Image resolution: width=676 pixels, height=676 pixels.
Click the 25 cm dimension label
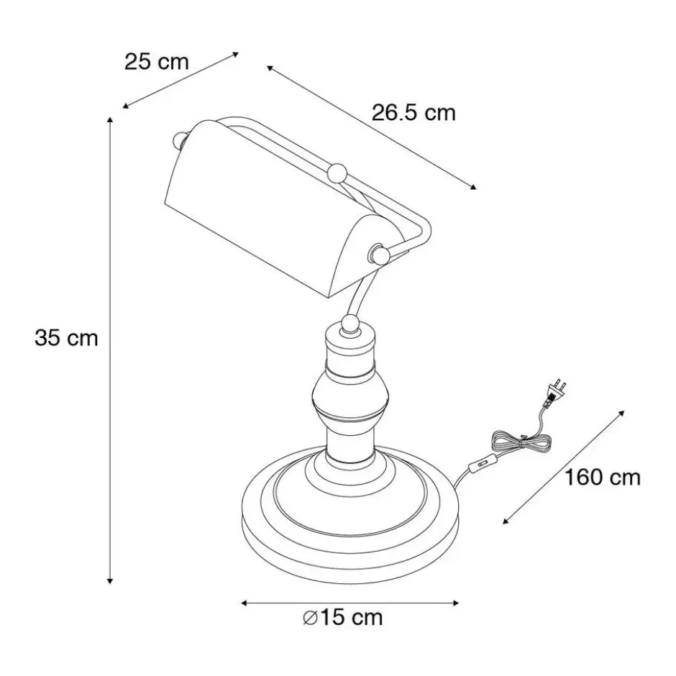point(157,62)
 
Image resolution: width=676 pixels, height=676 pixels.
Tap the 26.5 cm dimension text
point(413,114)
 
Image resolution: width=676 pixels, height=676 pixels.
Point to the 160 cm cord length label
point(602,478)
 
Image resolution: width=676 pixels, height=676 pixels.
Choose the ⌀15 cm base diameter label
point(342,617)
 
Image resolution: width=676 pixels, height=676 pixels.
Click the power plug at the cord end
point(556,390)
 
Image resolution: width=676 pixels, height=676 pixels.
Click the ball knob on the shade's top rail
point(337,173)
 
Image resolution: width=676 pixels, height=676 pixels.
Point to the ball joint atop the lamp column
point(350,324)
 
